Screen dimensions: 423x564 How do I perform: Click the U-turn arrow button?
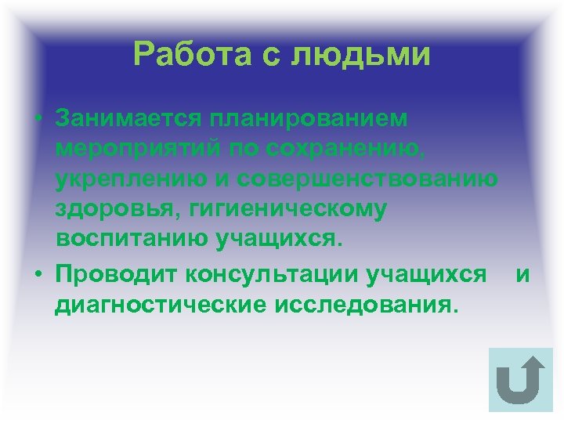pyautogui.click(x=520, y=379)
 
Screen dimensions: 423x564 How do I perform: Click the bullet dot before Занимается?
pyautogui.click(x=38, y=119)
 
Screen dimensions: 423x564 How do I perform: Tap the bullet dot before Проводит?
pyautogui.click(x=38, y=275)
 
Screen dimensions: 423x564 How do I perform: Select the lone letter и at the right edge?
pyautogui.click(x=523, y=275)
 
